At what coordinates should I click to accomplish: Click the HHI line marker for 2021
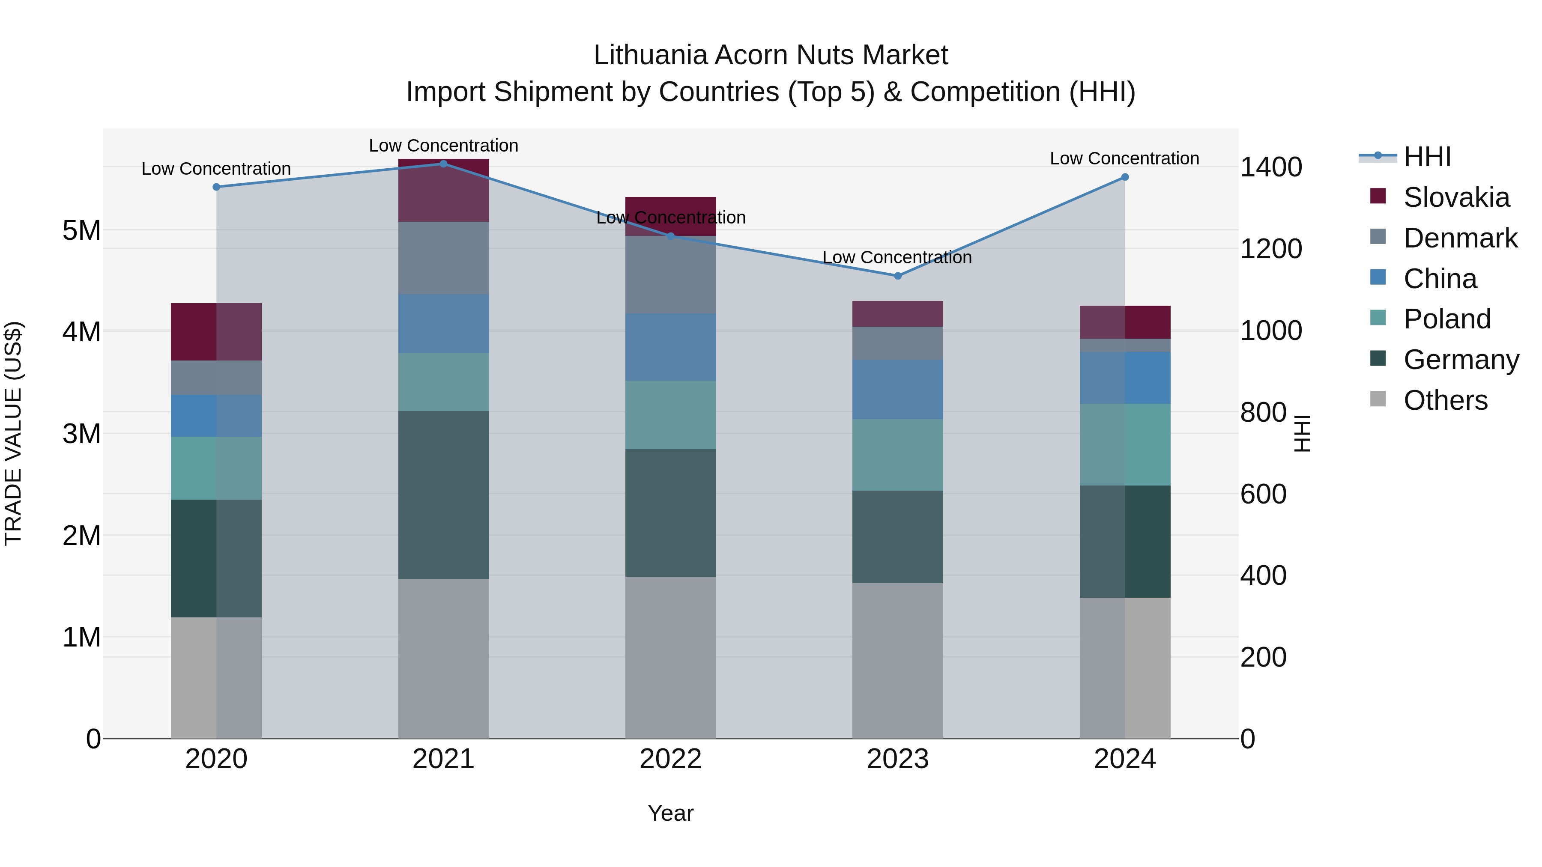click(444, 164)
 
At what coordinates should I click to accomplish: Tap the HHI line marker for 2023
click(897, 276)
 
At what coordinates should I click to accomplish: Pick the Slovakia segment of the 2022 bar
click(670, 206)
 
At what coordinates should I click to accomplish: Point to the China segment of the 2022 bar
click(670, 347)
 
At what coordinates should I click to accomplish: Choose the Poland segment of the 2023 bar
click(897, 455)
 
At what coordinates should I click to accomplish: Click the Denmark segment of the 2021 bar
click(444, 258)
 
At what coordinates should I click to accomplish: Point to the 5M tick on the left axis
click(81, 230)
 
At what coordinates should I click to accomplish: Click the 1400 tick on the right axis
click(1271, 167)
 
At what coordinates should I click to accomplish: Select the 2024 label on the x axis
click(1125, 759)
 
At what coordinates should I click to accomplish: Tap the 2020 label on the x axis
click(216, 759)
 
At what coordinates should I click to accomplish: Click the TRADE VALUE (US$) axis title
click(13, 433)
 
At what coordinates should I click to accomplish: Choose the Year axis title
click(670, 813)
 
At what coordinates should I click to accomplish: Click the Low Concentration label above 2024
click(1124, 158)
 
